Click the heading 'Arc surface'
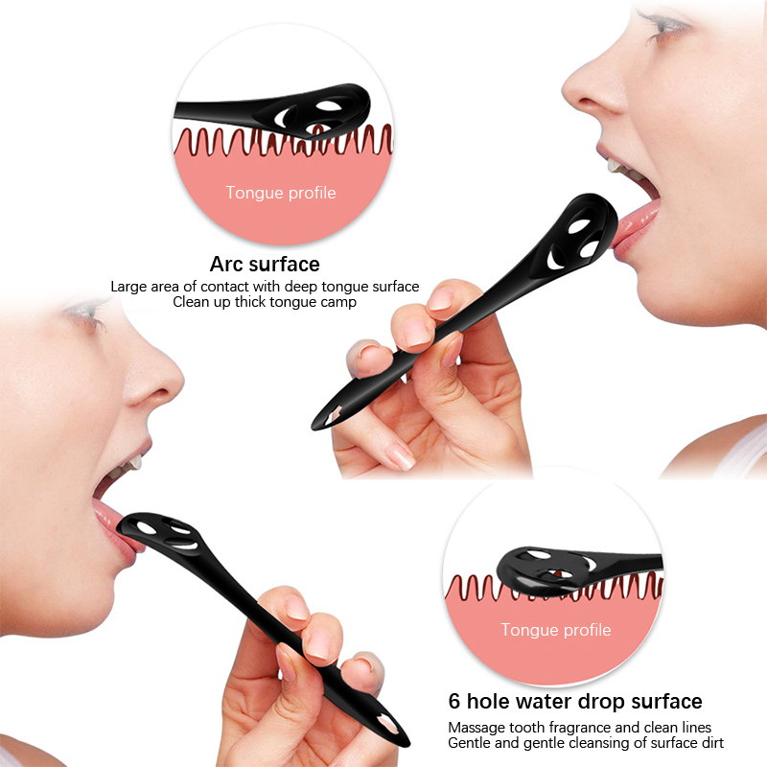click(x=265, y=265)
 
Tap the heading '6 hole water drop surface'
click(x=575, y=702)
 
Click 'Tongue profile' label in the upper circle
click(x=281, y=193)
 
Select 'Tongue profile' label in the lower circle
click(x=556, y=630)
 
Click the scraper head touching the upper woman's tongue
click(x=580, y=234)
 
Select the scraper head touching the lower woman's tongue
click(x=161, y=533)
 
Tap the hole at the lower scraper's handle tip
click(x=388, y=724)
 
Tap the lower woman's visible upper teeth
click(x=131, y=463)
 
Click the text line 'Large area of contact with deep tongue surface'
click(x=265, y=287)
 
